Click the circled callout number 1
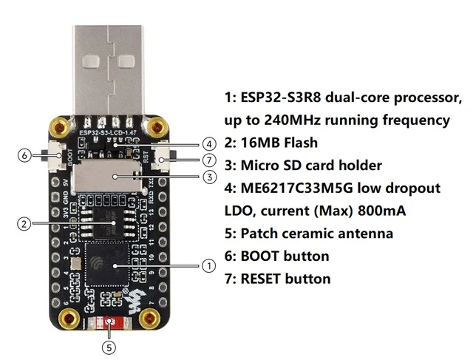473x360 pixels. [208, 265]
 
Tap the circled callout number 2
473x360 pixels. [24, 223]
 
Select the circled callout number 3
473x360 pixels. [209, 177]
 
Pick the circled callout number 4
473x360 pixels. [209, 143]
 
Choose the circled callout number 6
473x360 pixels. [24, 156]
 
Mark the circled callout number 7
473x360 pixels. [209, 160]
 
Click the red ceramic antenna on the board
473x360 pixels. [110, 322]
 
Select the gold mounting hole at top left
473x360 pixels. [59, 128]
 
